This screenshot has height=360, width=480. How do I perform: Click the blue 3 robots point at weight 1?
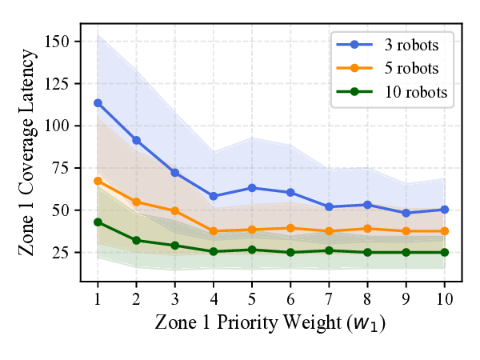[98, 103]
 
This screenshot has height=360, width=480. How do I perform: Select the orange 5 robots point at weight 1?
[98, 181]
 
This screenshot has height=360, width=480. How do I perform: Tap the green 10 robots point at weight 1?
[98, 222]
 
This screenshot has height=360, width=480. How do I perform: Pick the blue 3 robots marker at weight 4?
[214, 196]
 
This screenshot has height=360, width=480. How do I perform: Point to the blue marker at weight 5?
[252, 188]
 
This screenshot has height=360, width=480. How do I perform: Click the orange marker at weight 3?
[174, 210]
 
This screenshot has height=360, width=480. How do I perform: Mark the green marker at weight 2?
[136, 240]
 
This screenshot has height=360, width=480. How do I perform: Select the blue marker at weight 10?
[445, 210]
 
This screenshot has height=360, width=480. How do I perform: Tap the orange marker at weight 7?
[329, 231]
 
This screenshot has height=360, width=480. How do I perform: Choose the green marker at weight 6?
[290, 253]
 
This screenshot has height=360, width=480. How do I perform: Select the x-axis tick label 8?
[367, 298]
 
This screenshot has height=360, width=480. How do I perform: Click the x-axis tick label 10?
[445, 298]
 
